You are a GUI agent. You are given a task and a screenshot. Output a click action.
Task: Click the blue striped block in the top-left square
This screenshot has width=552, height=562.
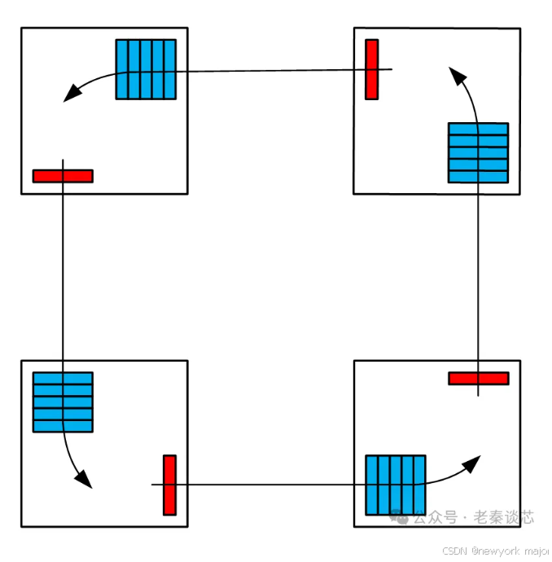point(146,69)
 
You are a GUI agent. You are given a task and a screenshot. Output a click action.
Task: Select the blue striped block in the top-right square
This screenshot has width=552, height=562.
point(478,152)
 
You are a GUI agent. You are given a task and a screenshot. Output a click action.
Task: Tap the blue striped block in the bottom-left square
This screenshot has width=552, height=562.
point(63,402)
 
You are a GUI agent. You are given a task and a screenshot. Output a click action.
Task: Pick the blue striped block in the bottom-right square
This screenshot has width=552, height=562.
point(395,485)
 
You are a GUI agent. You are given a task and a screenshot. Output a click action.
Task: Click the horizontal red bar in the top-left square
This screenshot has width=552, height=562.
point(63,176)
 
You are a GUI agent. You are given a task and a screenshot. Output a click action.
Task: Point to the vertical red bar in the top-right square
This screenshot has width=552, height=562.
point(371,69)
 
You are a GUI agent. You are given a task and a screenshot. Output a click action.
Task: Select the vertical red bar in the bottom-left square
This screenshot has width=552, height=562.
point(169,485)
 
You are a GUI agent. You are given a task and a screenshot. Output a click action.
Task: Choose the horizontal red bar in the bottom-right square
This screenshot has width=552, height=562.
point(478,378)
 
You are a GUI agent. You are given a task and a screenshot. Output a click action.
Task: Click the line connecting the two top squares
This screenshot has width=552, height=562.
point(269,71)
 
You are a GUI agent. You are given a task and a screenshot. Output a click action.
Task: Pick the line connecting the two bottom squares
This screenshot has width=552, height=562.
point(269,485)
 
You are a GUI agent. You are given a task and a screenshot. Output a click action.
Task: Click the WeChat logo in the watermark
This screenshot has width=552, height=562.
point(399,517)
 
